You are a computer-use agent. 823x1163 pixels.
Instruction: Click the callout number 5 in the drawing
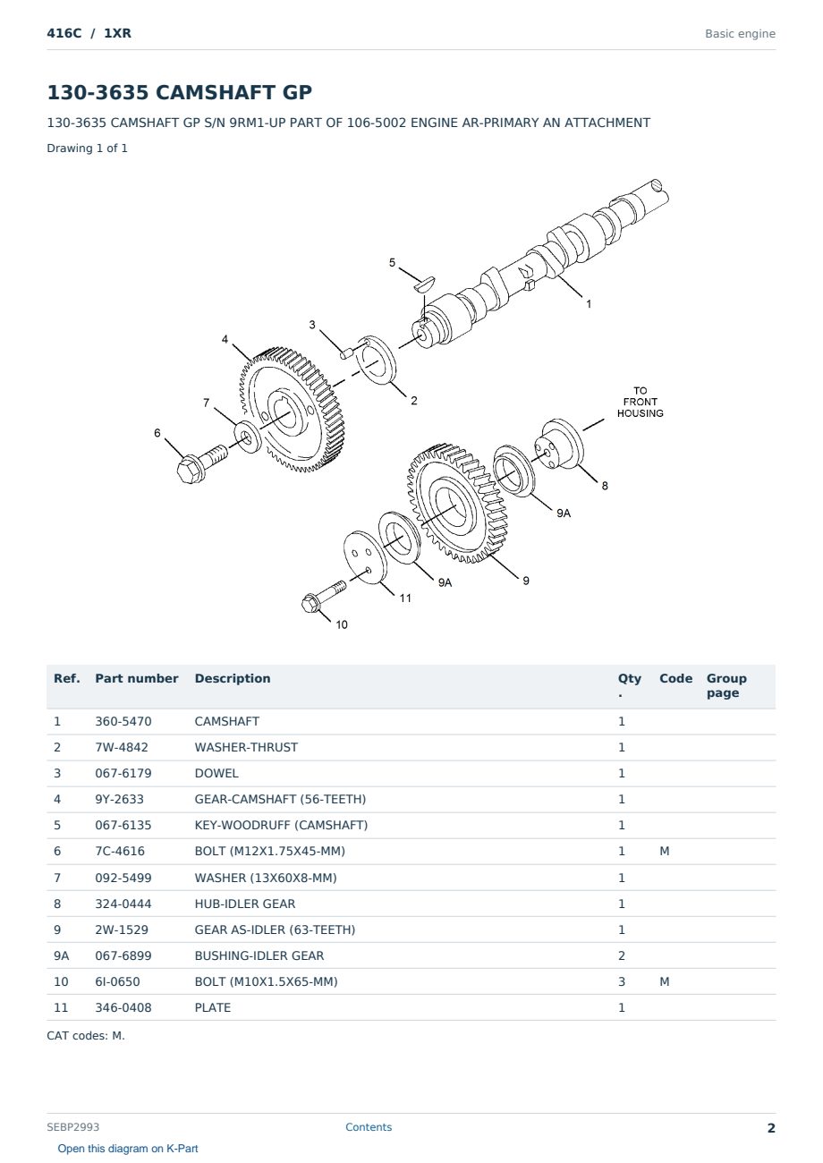coord(392,262)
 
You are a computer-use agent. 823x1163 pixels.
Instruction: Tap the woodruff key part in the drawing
coord(425,283)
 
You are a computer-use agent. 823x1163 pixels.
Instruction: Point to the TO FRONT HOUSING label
coord(640,402)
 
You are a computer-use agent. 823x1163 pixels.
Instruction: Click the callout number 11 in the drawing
coord(405,598)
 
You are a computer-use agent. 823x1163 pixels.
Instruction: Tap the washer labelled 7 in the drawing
coord(247,437)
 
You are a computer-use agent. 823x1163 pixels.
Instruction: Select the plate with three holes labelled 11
coord(365,557)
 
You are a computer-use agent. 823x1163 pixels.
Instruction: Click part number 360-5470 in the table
coord(123,721)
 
